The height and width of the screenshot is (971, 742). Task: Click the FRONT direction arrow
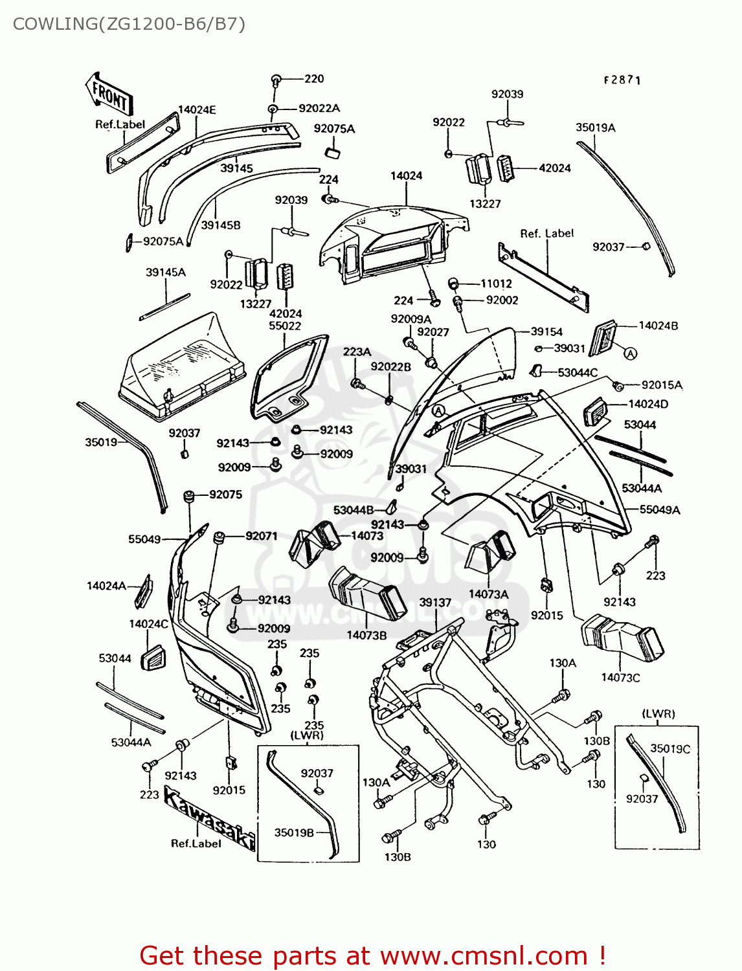pos(109,94)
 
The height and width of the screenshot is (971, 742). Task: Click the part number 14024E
pos(197,110)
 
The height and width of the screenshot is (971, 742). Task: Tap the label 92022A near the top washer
pos(319,108)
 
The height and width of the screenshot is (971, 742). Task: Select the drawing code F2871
pos(622,80)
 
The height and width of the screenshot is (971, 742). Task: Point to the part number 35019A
pos(596,128)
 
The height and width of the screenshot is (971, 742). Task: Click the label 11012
pos(496,284)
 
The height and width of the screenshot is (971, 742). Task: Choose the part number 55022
pos(285,326)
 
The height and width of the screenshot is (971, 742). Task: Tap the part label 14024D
pos(648,404)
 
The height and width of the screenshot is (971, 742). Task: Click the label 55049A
pos(660,509)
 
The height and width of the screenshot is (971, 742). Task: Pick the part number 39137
pos(435,602)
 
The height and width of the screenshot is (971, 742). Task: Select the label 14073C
pos(620,678)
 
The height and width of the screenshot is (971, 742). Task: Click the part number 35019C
pos(670,749)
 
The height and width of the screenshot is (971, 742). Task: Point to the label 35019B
pos(294,832)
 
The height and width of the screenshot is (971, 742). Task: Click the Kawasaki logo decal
pos(209,817)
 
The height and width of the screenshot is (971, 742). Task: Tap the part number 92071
pos(262,536)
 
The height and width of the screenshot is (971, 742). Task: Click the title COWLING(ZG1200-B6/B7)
pos(129,24)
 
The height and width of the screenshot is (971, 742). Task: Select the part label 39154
pos(546,331)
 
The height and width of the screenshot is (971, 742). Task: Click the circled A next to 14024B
pos(630,353)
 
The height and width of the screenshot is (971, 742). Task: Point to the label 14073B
pos(366,635)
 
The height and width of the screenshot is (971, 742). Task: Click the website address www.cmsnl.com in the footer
pos(483,955)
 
